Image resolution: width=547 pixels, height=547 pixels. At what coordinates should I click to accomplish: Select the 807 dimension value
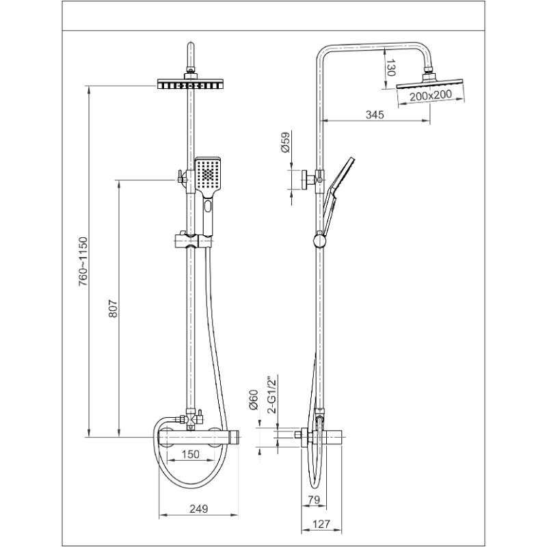[x=113, y=308]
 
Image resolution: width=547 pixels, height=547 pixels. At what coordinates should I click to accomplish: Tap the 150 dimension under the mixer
[x=191, y=454]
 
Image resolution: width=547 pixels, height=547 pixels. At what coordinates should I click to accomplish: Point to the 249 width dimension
[x=198, y=509]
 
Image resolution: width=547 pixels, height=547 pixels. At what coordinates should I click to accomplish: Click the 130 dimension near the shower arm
[x=390, y=68]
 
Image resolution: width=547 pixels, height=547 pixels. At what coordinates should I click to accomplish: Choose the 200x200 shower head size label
[x=431, y=95]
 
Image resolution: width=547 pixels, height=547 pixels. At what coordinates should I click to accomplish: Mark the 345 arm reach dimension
[x=375, y=114]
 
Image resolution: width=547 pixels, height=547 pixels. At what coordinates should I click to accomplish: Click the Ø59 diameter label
[x=285, y=142]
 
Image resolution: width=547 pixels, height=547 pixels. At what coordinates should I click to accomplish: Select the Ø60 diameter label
[x=253, y=400]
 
